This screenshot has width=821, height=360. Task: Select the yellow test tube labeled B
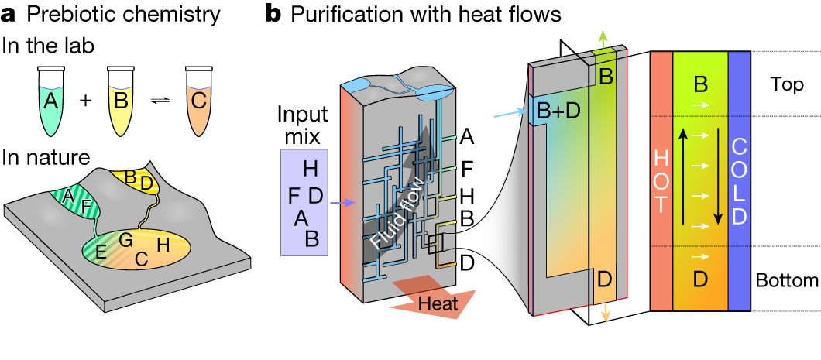122,100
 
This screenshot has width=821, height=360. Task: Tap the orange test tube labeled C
201,100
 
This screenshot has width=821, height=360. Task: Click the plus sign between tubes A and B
86,100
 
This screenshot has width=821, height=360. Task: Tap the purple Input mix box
304,202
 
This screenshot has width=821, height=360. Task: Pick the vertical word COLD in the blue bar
740,182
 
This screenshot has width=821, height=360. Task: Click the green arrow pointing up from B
605,39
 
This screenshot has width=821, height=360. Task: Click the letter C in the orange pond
141,260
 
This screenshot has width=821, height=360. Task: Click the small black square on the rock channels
435,244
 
